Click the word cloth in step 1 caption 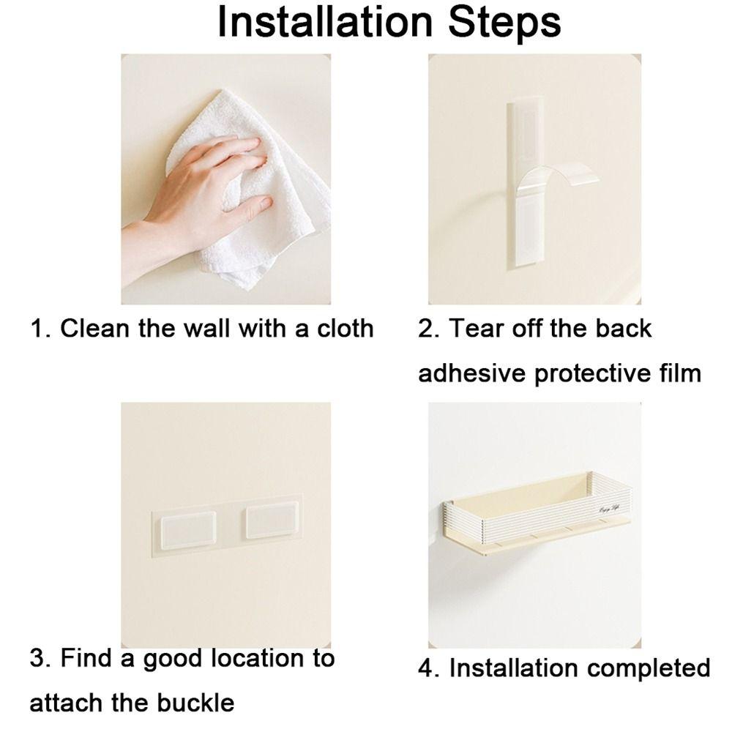[343, 328]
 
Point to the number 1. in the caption [40, 328]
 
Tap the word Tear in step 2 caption [476, 328]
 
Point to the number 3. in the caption [40, 657]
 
